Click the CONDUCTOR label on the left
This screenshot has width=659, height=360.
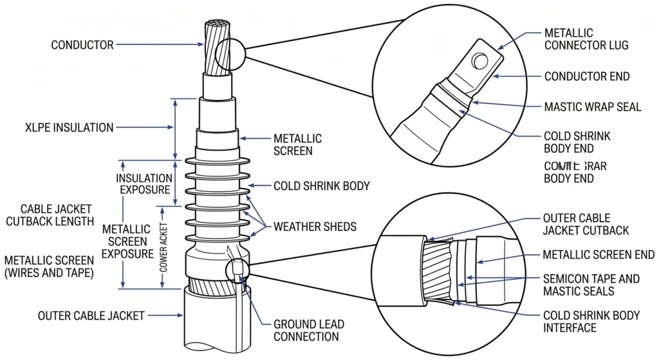[x=82, y=45]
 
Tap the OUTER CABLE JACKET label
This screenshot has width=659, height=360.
[x=91, y=316]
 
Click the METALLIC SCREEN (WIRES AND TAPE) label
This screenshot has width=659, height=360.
[x=49, y=266]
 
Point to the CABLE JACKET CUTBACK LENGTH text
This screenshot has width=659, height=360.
[x=57, y=215]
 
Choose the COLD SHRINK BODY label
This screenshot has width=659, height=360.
[x=322, y=186]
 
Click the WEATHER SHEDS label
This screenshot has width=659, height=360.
[x=315, y=227]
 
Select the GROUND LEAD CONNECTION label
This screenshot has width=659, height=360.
[x=306, y=330]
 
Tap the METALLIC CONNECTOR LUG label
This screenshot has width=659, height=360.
[x=586, y=39]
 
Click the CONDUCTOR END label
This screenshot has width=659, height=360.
[x=587, y=77]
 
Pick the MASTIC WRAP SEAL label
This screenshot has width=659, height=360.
[x=593, y=107]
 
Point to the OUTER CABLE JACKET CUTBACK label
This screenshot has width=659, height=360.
[x=586, y=224]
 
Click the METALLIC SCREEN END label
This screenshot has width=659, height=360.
[x=599, y=255]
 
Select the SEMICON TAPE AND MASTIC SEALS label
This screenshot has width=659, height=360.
[x=592, y=285]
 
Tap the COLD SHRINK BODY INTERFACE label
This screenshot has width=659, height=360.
[x=592, y=321]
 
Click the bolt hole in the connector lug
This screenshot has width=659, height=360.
[x=479, y=62]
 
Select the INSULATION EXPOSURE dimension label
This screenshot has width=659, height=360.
[x=144, y=184]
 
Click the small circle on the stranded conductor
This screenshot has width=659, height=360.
[x=230, y=55]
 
